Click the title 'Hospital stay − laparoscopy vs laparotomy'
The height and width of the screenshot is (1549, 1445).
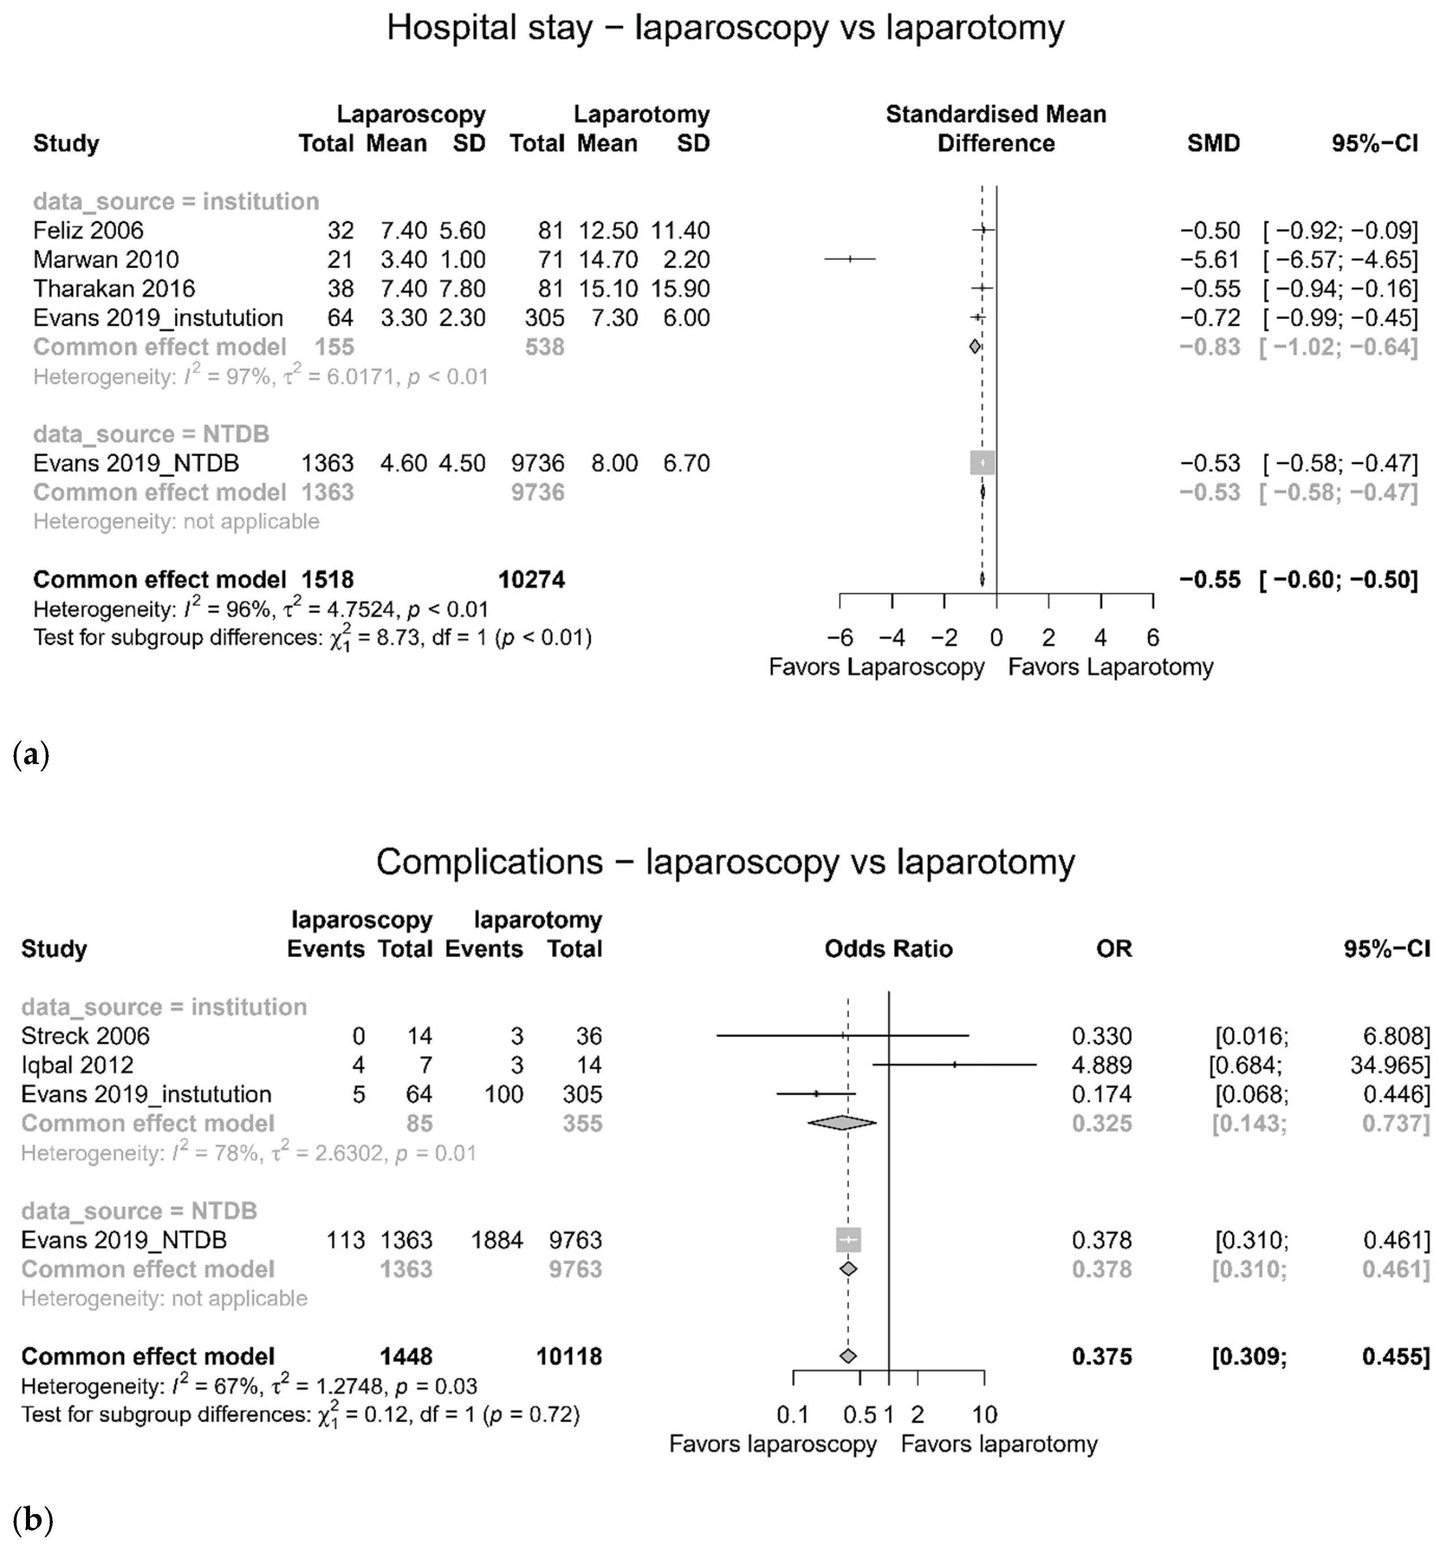725,29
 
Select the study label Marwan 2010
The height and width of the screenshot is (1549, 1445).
106,259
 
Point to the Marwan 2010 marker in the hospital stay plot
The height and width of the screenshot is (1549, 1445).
851,259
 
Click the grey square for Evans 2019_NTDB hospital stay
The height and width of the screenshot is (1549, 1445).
982,463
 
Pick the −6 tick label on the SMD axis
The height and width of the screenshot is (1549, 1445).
839,638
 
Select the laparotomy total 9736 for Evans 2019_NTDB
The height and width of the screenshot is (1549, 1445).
537,463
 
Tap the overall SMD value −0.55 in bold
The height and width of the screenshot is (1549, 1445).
1210,580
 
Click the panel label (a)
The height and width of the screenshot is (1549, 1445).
31,755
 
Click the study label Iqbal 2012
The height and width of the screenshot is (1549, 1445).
77,1065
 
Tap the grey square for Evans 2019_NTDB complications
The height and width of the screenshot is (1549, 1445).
848,1240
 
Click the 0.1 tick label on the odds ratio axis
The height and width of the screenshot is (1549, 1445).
793,1414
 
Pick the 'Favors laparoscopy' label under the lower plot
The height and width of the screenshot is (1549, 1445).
773,1444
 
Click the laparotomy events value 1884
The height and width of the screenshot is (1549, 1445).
497,1240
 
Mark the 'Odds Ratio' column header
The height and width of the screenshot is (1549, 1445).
888,949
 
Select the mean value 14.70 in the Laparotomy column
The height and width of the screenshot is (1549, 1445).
608,259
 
